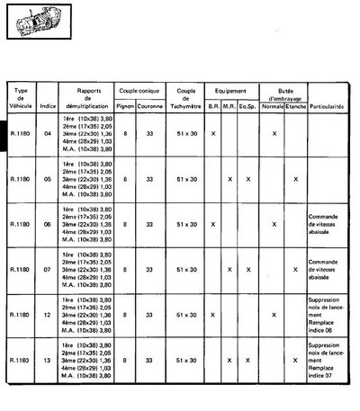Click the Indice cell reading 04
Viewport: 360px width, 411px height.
(x=48, y=133)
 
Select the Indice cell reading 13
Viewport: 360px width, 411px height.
(x=48, y=361)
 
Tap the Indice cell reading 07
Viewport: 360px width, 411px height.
(x=48, y=270)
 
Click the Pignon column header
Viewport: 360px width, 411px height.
(x=127, y=106)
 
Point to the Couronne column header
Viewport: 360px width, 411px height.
(x=150, y=106)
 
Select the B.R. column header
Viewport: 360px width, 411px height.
(x=213, y=106)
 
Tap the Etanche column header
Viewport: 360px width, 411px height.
(x=295, y=106)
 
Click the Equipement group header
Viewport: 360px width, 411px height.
(x=230, y=93)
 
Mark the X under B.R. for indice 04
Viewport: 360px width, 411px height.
(x=213, y=133)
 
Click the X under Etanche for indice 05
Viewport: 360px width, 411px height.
(x=295, y=179)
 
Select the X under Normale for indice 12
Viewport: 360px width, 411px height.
(x=273, y=316)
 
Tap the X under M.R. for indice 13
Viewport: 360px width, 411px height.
(x=230, y=361)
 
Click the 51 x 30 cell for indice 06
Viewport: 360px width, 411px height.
(x=186, y=225)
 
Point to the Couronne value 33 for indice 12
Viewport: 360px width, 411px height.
(x=150, y=316)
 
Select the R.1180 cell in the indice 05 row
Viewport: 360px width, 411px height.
(x=18, y=179)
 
